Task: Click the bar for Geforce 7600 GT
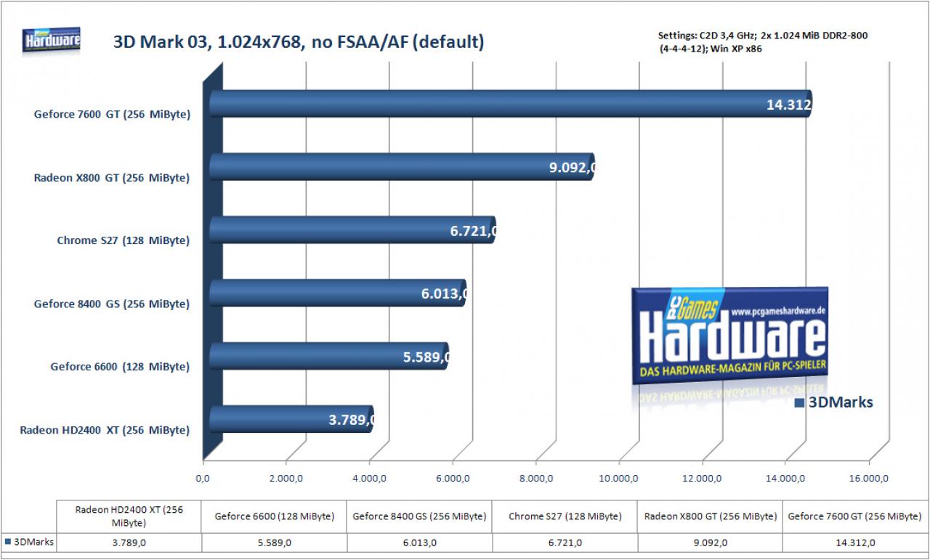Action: tap(510, 103)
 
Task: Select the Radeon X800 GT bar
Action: tap(402, 166)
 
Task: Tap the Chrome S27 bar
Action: tap(352, 230)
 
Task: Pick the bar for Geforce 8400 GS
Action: tap(338, 293)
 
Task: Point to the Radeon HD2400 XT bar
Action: tap(291, 419)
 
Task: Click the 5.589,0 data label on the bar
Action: tap(426, 357)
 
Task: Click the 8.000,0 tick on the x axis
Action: tap(536, 478)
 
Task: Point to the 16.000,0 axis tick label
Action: tap(868, 478)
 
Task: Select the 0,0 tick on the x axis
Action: tap(203, 478)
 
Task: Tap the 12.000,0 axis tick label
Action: tap(702, 478)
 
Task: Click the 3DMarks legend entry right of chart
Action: tap(833, 402)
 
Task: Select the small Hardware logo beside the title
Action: tap(52, 40)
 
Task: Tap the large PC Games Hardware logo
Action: tap(729, 336)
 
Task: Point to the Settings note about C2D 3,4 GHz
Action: tap(763, 42)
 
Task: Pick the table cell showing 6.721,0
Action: tap(565, 543)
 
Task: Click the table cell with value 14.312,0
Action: tap(855, 543)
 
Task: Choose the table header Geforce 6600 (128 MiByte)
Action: tap(274, 516)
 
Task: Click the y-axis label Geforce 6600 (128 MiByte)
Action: tap(120, 367)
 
